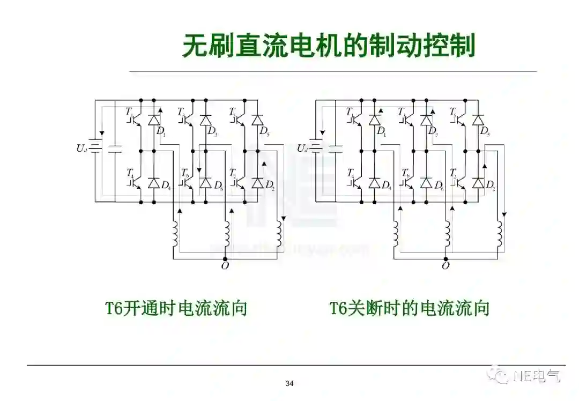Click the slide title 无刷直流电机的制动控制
pyautogui.click(x=329, y=46)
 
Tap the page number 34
pyautogui.click(x=289, y=383)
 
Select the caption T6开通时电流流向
pyautogui.click(x=176, y=308)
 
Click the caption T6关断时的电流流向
pyautogui.click(x=410, y=308)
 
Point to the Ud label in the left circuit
pyautogui.click(x=81, y=148)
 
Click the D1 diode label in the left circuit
pyautogui.click(x=160, y=131)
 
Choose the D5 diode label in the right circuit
pyautogui.click(x=485, y=131)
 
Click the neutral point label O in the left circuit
pyautogui.click(x=225, y=266)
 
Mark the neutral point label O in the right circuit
pyautogui.click(x=446, y=266)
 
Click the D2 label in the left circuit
pyautogui.click(x=270, y=186)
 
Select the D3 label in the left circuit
pyautogui.click(x=212, y=131)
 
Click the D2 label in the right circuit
pyautogui.click(x=490, y=186)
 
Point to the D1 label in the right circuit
pyautogui.click(x=381, y=131)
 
